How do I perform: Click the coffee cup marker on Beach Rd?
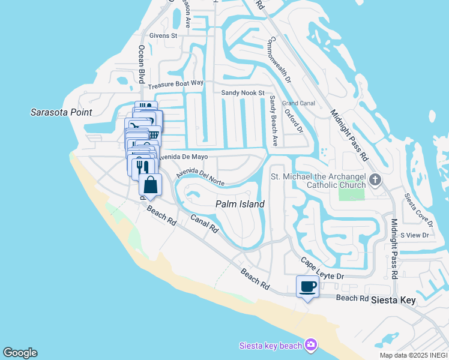coord(307,286)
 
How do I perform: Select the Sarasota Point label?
coord(62,112)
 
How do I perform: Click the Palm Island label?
coord(240,204)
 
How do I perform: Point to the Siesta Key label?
coord(394,299)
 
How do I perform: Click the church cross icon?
coord(375,179)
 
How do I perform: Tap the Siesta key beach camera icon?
coord(311,344)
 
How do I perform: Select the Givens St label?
coord(164,36)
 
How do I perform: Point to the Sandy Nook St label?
coord(243,93)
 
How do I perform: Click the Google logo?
coord(20,353)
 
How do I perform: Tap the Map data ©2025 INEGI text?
coord(414,355)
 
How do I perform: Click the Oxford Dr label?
coord(294,121)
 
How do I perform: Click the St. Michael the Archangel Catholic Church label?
coord(318,181)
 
